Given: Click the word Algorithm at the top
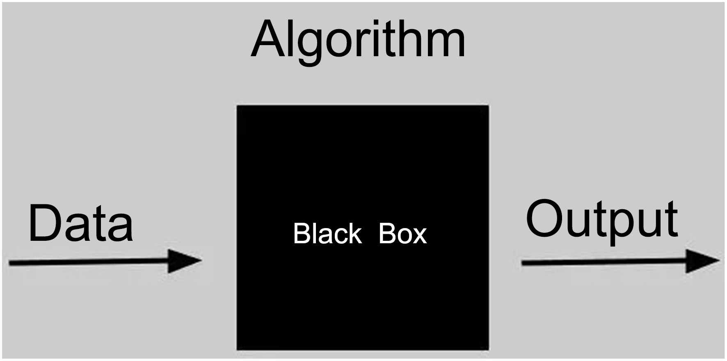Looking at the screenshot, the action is click(x=358, y=40).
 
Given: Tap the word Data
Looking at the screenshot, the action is click(x=81, y=224).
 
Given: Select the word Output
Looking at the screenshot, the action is click(x=602, y=219).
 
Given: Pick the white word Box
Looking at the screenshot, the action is click(x=402, y=234).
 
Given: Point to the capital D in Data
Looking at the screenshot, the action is click(x=44, y=224).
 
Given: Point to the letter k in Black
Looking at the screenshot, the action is click(x=354, y=234).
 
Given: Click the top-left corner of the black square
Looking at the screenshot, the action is click(x=237, y=106).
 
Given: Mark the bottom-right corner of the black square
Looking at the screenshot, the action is click(x=488, y=350).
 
